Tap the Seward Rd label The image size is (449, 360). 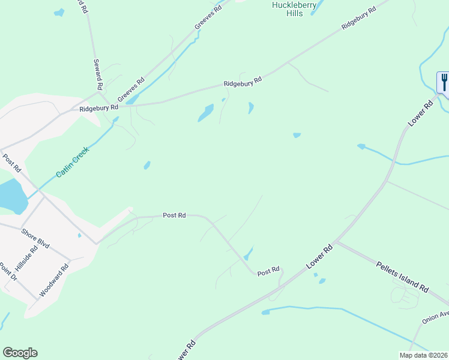(100, 74)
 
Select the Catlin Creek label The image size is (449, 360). (72, 163)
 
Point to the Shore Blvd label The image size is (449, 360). (35, 238)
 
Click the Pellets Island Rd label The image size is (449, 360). (402, 276)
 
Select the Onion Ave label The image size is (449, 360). (435, 317)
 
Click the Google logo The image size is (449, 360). (20, 353)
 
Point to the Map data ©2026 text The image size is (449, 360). (424, 355)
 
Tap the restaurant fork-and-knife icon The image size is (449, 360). (444, 82)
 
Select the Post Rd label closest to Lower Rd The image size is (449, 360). (268, 272)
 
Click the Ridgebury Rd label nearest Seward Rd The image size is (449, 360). (99, 109)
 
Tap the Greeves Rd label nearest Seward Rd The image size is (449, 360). (131, 89)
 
